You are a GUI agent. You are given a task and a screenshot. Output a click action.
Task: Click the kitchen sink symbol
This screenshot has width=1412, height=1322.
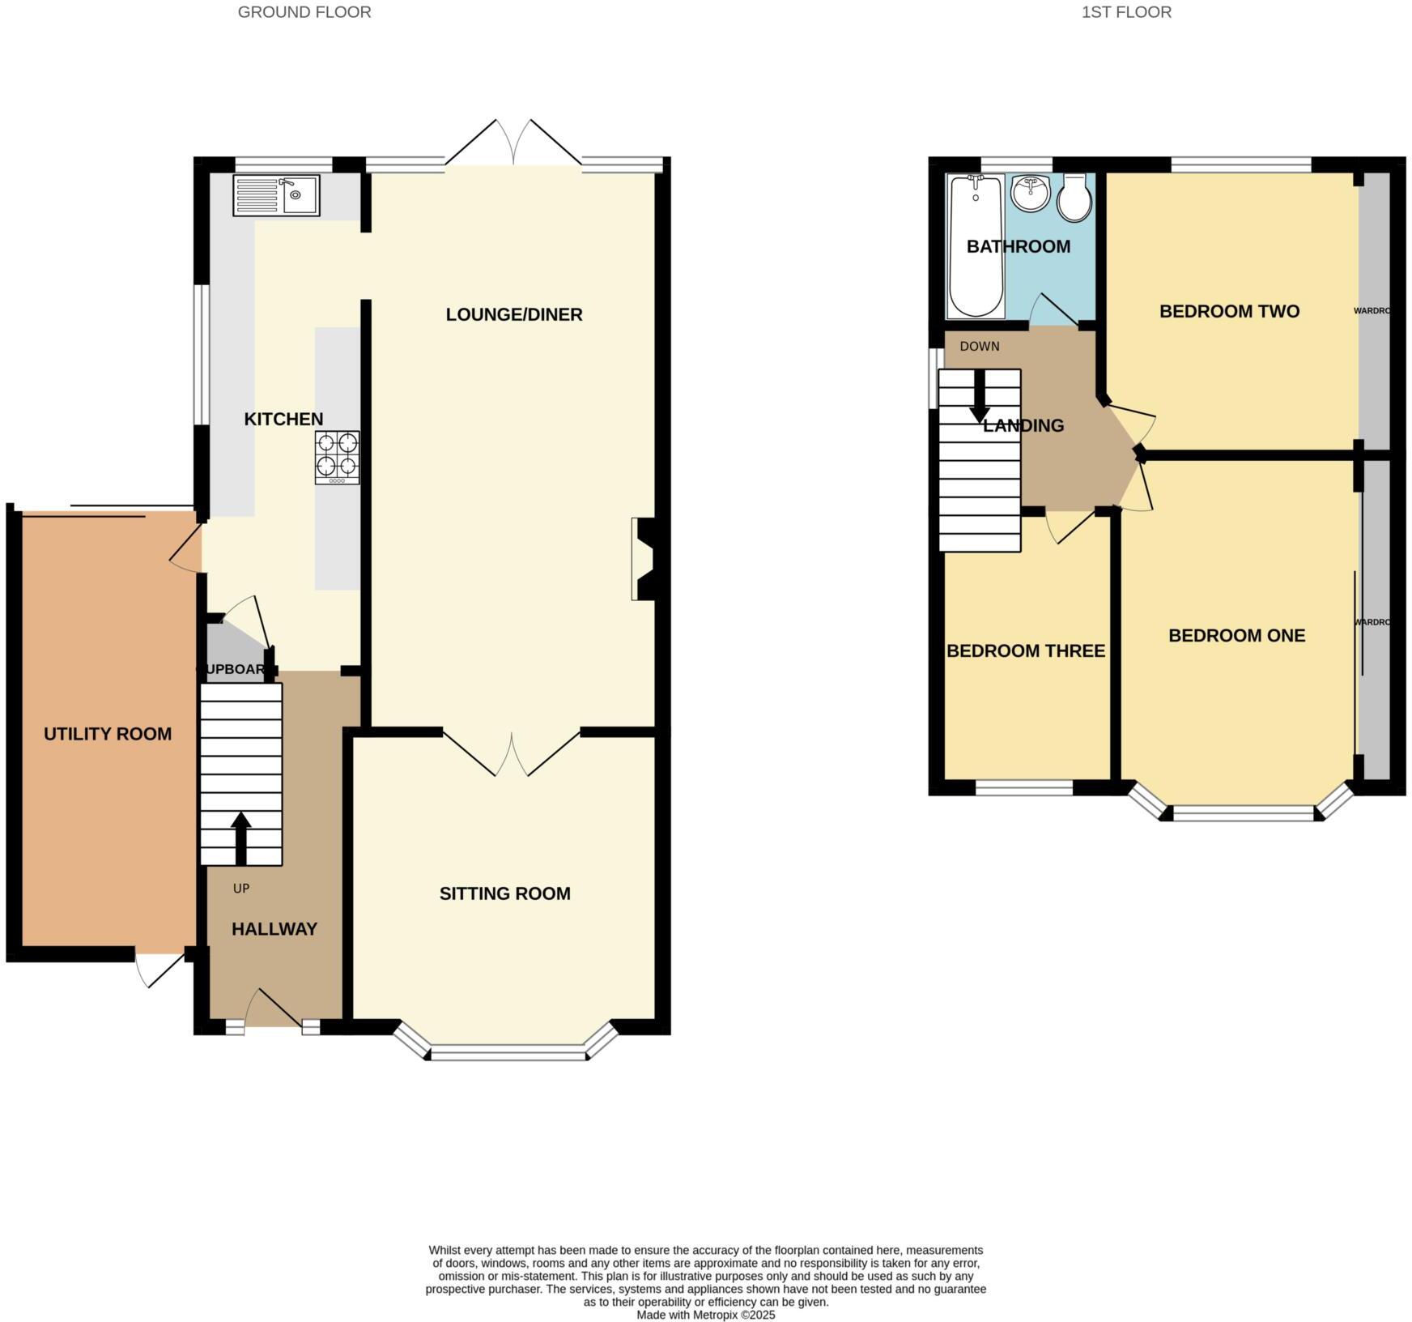tap(276, 195)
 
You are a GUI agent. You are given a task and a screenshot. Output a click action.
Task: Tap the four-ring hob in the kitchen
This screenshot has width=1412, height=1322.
tap(337, 457)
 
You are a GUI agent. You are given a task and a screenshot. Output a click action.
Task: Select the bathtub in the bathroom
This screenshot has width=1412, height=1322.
tap(976, 246)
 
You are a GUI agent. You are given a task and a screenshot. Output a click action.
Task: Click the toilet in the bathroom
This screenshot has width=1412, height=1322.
tap(1074, 198)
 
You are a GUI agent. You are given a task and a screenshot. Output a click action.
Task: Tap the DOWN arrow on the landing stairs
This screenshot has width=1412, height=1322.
tap(980, 397)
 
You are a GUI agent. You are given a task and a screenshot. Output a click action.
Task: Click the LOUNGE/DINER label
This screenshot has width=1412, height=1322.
tap(514, 314)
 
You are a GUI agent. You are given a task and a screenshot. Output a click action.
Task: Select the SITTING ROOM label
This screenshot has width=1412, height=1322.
tap(504, 893)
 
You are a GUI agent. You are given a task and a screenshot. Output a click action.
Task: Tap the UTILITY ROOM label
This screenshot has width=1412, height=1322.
tap(108, 734)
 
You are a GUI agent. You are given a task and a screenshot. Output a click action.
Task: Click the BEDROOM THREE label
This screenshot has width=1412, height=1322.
tap(1026, 651)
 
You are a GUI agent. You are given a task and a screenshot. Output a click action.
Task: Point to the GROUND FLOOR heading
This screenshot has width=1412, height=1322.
tap(304, 12)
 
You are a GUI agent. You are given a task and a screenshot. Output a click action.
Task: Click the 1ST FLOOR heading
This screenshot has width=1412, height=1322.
tap(1126, 12)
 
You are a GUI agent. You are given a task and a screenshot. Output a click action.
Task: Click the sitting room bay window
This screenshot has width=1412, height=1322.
tap(508, 1052)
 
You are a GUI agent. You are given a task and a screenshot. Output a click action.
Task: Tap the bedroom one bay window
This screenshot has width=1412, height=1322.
tap(1244, 812)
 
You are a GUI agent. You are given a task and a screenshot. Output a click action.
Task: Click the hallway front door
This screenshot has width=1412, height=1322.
tap(275, 1009)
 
